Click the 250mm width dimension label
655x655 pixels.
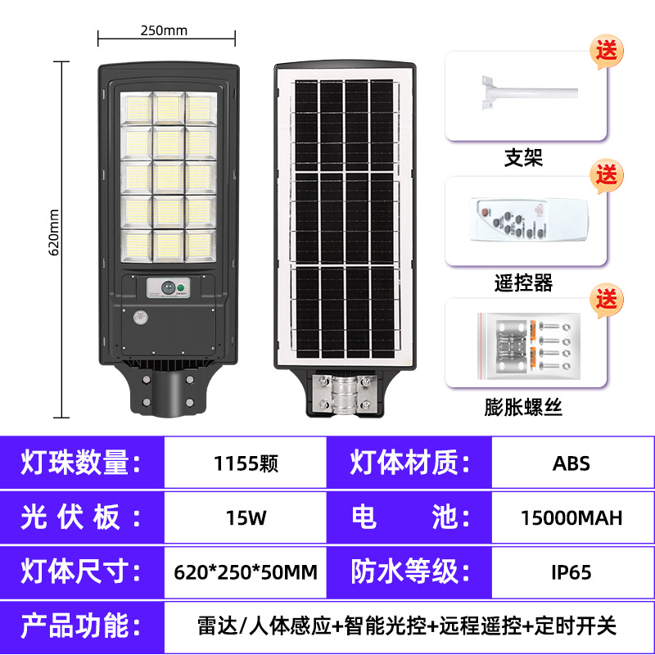pyautogui.click(x=164, y=31)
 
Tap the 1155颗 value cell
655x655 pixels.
pyautogui.click(x=246, y=463)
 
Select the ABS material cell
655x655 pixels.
pyautogui.click(x=571, y=463)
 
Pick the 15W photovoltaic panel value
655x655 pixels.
pyautogui.click(x=246, y=517)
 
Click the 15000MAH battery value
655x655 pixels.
pyautogui.click(x=571, y=517)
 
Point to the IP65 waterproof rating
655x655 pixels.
pyautogui.click(x=571, y=571)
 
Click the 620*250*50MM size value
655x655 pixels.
pyautogui.click(x=246, y=571)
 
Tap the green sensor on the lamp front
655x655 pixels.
pyautogui.click(x=169, y=287)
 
